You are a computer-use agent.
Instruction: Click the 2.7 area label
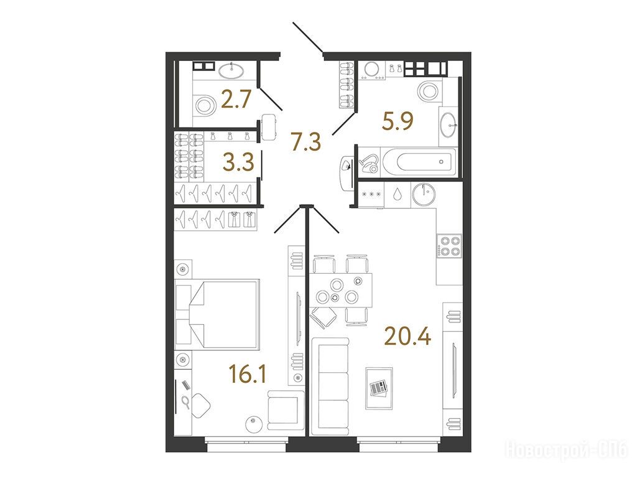click(237, 100)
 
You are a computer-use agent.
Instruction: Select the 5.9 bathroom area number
click(398, 121)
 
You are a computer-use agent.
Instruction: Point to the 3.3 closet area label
click(238, 162)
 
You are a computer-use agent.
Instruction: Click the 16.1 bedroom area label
click(248, 374)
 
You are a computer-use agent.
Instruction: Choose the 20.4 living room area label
click(407, 337)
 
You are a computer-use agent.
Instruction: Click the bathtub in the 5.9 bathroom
click(418, 162)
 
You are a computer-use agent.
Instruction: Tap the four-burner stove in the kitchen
click(449, 245)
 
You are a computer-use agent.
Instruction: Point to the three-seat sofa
click(330, 386)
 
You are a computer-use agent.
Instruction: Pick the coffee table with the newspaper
click(379, 388)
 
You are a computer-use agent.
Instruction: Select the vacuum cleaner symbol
click(370, 162)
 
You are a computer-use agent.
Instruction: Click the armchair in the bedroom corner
click(286, 411)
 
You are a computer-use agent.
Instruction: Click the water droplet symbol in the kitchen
click(396, 194)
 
